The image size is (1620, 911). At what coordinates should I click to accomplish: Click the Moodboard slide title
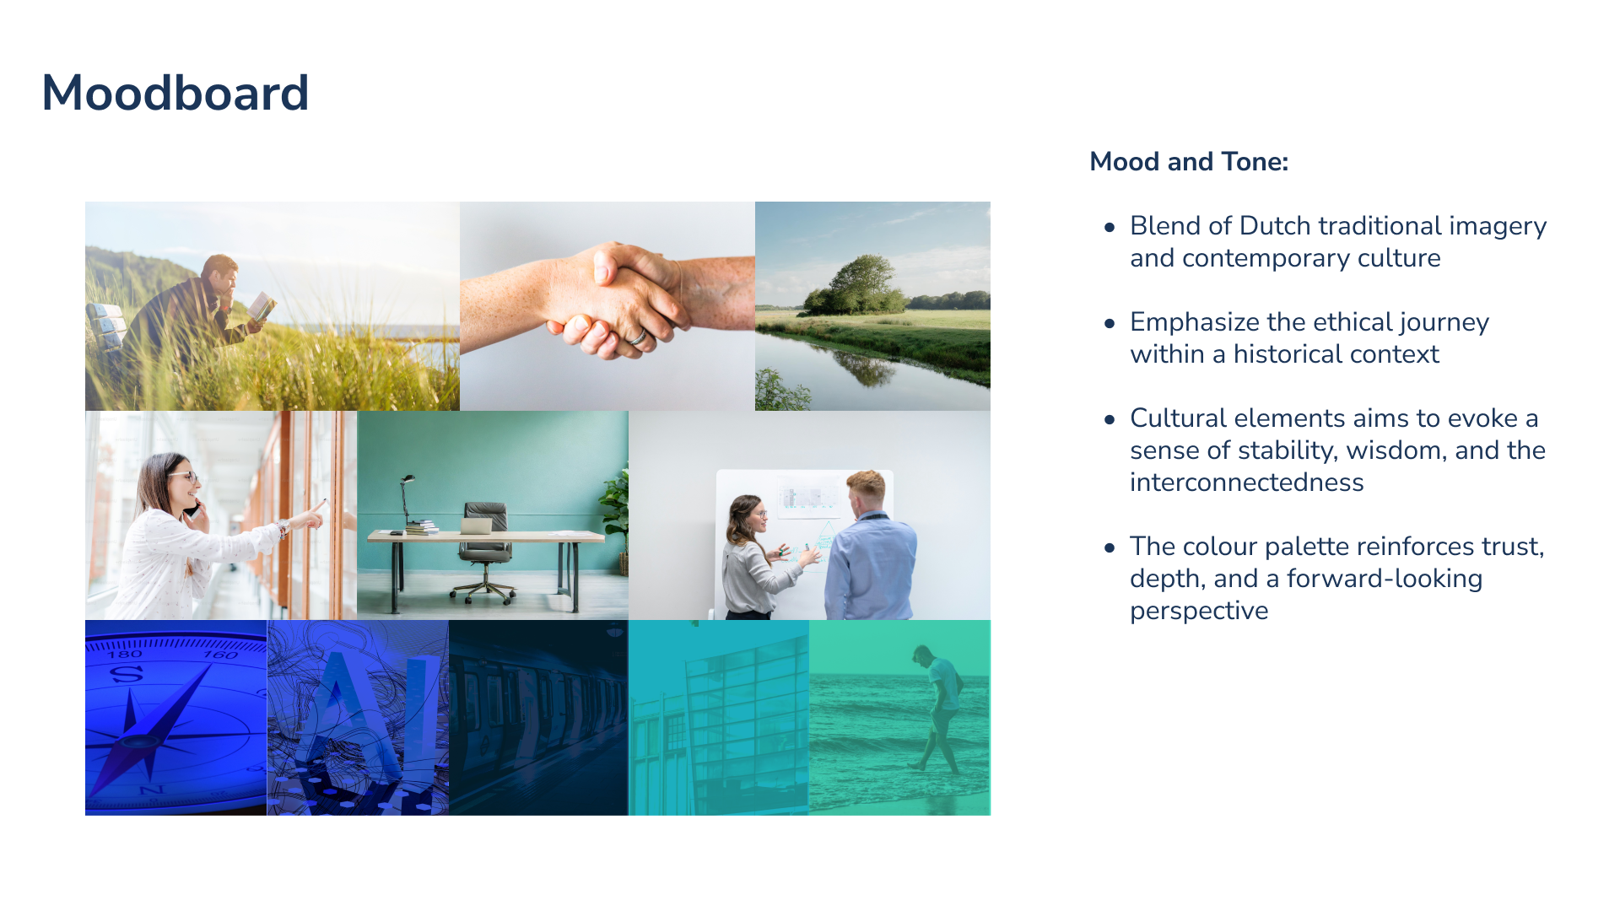pos(175,93)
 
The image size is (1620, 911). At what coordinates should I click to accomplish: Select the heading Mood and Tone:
pos(1189,161)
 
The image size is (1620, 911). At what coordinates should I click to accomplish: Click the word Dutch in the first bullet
pos(1275,226)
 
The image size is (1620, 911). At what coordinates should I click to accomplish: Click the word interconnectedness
pos(1247,482)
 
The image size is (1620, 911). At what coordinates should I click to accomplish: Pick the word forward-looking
pos(1385,579)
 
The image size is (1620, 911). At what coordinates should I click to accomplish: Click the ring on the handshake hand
pos(639,337)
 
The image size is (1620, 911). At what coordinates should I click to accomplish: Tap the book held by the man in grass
pos(262,306)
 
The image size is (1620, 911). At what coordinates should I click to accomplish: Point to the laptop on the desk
pos(476,526)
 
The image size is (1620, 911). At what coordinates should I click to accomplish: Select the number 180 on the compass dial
pos(124,655)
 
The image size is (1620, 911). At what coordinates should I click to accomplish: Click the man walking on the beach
pos(937,709)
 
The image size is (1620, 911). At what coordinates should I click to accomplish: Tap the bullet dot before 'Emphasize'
pos(1110,323)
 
